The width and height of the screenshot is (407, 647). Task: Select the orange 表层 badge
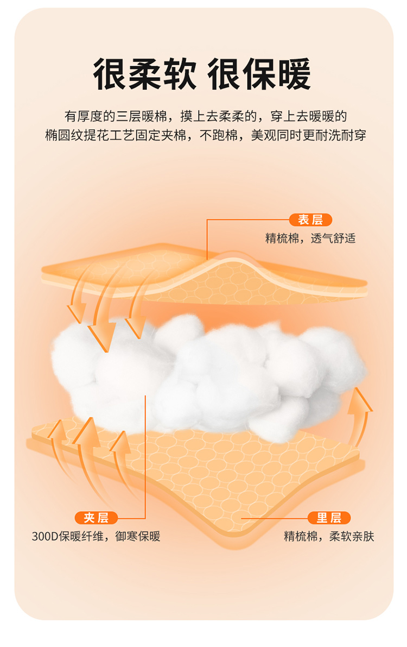point(310,219)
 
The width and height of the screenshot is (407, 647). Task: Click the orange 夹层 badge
point(96,518)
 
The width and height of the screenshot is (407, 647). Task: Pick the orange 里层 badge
point(329,518)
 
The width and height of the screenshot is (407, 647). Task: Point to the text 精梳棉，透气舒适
point(310,238)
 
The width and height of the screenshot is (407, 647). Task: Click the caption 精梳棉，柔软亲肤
point(329,537)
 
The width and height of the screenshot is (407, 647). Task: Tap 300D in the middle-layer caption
point(44,537)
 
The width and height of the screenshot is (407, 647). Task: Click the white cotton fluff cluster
point(212,369)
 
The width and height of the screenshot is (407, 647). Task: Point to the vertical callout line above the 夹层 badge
point(145,456)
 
